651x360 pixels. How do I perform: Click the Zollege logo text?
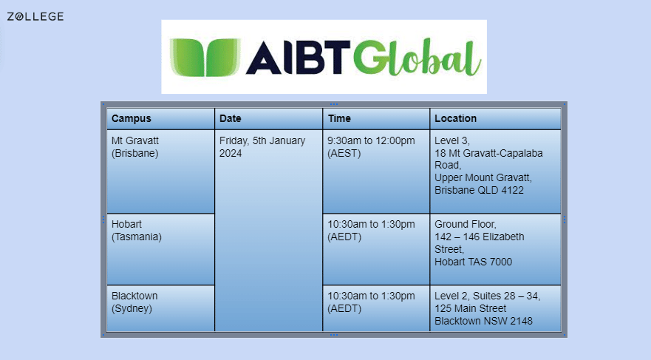35,16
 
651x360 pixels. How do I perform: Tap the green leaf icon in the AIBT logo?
205,58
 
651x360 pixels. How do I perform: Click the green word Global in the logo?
417,58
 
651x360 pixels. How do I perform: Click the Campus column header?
132,118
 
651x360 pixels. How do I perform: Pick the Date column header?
231,118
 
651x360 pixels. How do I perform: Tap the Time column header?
339,118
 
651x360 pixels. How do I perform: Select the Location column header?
455,118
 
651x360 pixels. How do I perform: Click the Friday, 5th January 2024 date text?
262,146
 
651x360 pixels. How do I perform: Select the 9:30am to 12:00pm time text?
371,140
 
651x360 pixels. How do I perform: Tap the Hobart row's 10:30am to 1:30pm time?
371,224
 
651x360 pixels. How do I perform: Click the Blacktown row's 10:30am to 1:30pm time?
371,296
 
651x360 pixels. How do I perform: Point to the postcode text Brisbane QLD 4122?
479,190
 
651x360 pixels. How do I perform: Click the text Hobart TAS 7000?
474,262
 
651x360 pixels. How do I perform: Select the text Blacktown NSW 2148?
484,321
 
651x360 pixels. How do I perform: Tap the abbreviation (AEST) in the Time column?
344,153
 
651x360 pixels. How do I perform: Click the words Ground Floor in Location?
466,224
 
